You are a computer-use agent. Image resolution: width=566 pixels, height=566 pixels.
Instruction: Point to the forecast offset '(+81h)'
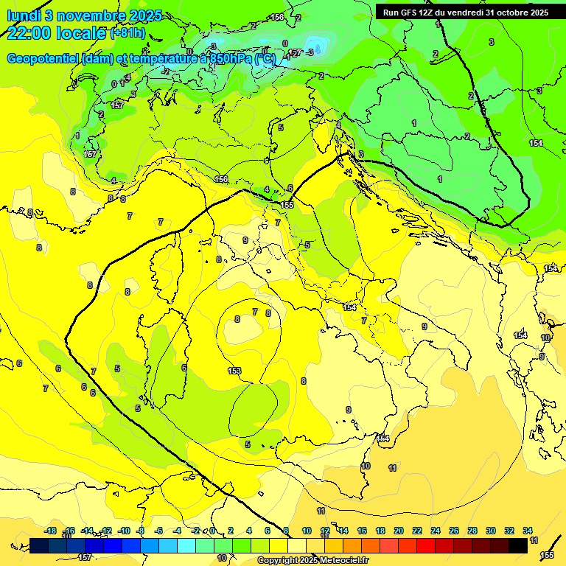coord(127,33)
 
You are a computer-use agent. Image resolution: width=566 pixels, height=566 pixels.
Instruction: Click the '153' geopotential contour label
coord(235,371)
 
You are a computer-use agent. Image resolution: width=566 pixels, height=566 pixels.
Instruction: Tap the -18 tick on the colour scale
coord(50,531)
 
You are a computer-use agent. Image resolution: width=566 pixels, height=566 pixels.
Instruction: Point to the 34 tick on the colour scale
coord(528,531)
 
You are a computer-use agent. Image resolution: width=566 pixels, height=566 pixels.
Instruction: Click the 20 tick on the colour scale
coord(399,531)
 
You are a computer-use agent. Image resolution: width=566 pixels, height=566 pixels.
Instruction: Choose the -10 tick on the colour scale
coord(124,531)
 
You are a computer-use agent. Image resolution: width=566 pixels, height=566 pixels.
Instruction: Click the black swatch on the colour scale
coord(518,545)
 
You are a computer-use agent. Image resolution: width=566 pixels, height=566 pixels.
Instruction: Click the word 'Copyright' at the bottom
coord(278,561)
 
